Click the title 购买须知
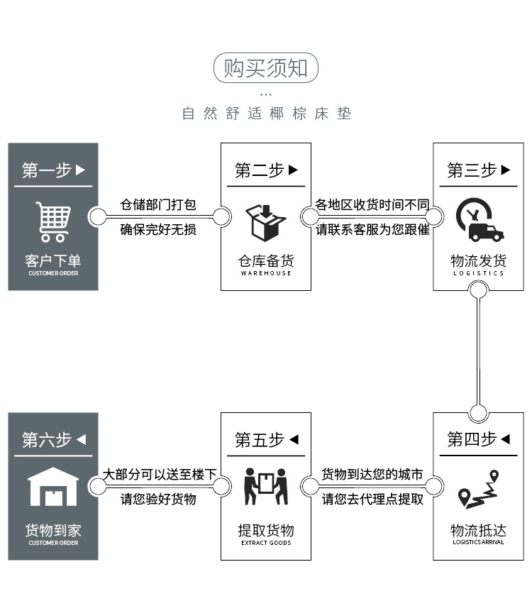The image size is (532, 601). coord(266,68)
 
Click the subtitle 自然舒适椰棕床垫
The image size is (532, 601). coord(266,114)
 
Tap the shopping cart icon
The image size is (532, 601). coord(53,221)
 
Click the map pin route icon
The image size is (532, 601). coord(478,489)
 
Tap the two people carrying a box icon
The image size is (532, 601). coord(265,487)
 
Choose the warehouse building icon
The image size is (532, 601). coord(53,487)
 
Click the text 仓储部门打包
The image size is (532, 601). coord(158,205)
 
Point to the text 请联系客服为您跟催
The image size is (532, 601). coord(372,230)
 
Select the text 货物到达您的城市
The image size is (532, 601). coord(372,475)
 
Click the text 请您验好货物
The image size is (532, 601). coord(158,499)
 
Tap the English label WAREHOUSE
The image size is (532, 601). coord(266,273)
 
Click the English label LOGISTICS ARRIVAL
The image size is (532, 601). coord(478,542)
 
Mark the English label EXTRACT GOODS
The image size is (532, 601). coord(266,543)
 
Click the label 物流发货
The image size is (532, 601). coord(478,260)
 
